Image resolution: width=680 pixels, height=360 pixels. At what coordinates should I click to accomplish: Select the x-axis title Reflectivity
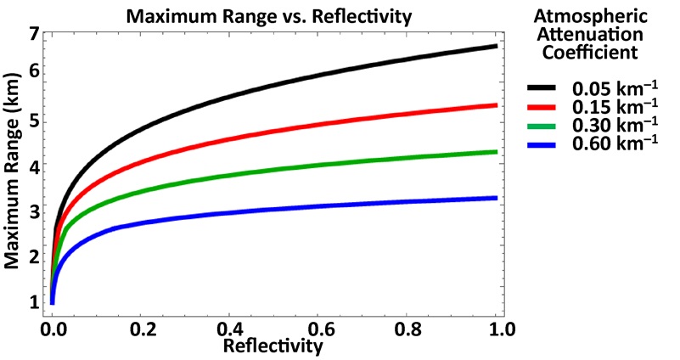[x=273, y=346]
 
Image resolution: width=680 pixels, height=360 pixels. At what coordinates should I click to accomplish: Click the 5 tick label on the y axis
[x=34, y=120]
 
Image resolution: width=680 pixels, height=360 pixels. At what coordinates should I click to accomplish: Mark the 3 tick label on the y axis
[x=34, y=211]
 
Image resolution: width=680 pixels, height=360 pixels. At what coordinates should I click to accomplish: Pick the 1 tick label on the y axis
[x=34, y=302]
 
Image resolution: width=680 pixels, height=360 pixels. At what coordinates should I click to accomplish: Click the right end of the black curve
[x=496, y=46]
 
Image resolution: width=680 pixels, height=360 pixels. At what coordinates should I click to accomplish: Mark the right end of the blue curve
[x=496, y=198]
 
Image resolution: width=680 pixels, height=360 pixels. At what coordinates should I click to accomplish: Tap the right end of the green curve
[x=496, y=152]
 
